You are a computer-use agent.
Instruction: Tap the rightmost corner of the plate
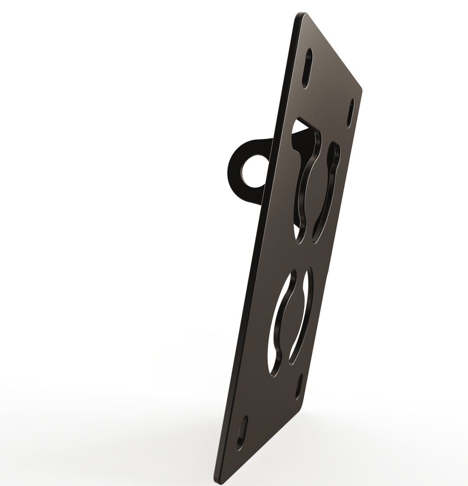[x=361, y=90]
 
